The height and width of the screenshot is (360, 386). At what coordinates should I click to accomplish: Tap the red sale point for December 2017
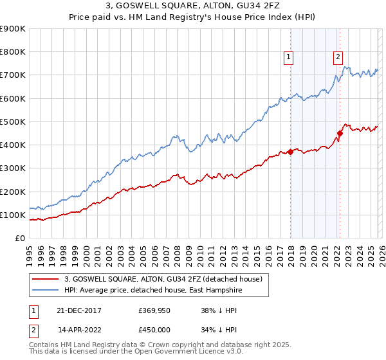[290, 152]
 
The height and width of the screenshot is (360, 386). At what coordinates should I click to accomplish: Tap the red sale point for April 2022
[340, 133]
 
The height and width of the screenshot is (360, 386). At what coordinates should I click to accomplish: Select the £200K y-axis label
[13, 192]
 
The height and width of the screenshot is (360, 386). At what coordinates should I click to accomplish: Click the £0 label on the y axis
[19, 238]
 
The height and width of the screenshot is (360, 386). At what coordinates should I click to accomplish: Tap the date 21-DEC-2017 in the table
[79, 310]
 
